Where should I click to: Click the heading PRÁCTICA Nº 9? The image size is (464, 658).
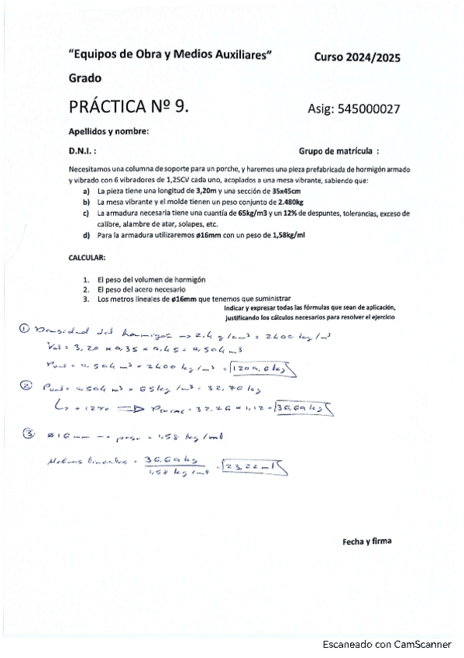click(x=129, y=106)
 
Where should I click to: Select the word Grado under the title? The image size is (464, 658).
click(x=84, y=79)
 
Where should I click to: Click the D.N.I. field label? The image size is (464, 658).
click(x=83, y=152)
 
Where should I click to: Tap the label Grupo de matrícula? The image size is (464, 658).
click(x=339, y=152)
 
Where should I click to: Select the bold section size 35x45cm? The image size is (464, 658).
click(x=286, y=190)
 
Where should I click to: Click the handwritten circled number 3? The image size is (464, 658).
click(x=29, y=435)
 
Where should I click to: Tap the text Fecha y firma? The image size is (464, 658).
click(x=366, y=542)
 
